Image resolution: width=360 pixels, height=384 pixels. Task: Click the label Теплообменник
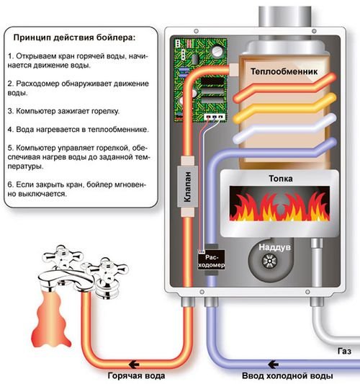click(284, 71)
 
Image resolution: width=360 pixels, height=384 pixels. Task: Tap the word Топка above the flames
click(281, 179)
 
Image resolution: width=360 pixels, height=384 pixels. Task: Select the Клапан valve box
click(188, 187)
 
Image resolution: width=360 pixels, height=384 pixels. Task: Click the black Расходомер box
click(211, 259)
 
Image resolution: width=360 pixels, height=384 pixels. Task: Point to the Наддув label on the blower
click(274, 247)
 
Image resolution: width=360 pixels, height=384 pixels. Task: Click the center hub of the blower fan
click(269, 261)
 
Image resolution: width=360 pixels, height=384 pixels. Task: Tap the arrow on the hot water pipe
click(134, 365)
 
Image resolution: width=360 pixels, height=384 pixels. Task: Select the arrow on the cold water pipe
click(274, 365)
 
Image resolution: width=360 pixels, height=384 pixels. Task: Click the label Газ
click(345, 351)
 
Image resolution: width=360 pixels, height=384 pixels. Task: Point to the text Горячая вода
click(136, 375)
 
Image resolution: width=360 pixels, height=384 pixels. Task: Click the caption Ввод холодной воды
click(287, 375)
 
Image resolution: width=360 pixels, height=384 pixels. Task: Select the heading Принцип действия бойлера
click(74, 37)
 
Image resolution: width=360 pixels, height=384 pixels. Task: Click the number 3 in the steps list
click(10, 111)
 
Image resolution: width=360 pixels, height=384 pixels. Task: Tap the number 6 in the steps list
click(10, 184)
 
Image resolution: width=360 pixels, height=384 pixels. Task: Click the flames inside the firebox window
click(279, 206)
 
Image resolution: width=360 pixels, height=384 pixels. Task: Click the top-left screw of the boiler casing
click(196, 31)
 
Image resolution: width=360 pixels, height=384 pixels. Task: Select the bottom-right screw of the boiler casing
click(307, 292)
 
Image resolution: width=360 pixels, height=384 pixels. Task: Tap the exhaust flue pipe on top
click(285, 17)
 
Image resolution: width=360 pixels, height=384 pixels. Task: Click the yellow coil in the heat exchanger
click(284, 107)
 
